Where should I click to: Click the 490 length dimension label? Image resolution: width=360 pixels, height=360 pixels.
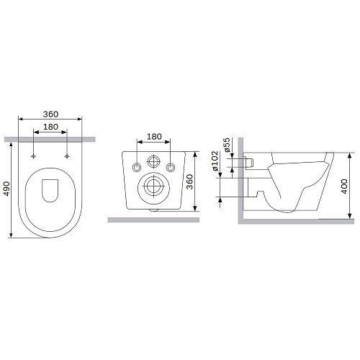pyautogui.click(x=6, y=189)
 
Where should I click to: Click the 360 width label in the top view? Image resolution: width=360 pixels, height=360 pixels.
pyautogui.click(x=50, y=114)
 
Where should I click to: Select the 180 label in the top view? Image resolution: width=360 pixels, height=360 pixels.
pyautogui.click(x=50, y=127)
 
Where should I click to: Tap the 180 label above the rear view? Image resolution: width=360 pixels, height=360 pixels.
pyautogui.click(x=154, y=137)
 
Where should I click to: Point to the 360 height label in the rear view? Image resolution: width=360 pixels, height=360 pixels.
pyautogui.click(x=189, y=181)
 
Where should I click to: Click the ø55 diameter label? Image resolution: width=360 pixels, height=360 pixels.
pyautogui.click(x=227, y=145)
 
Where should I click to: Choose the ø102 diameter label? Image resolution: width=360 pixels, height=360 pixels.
pyautogui.click(x=215, y=161)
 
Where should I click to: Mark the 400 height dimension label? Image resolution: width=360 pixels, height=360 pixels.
pyautogui.click(x=344, y=186)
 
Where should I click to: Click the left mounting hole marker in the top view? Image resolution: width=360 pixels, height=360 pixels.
pyautogui.click(x=34, y=156)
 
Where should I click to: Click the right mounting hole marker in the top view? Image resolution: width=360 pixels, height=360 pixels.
pyautogui.click(x=67, y=156)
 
